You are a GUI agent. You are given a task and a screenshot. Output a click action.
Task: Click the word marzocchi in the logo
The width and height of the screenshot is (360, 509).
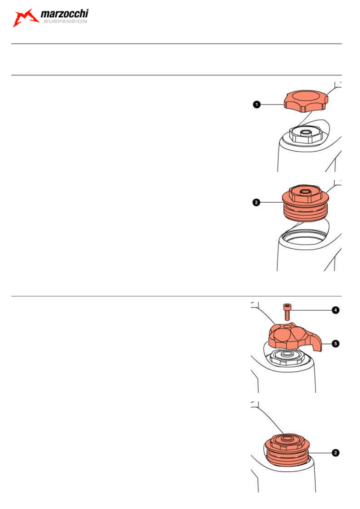point(65,14)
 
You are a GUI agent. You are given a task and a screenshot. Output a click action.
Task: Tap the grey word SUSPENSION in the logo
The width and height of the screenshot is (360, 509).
point(65,21)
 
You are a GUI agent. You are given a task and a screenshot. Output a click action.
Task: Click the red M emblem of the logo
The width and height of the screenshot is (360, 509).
point(25,18)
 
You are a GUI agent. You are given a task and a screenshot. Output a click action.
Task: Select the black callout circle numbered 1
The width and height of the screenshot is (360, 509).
point(256,104)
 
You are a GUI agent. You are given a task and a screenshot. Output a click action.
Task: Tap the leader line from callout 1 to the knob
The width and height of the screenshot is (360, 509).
point(272,104)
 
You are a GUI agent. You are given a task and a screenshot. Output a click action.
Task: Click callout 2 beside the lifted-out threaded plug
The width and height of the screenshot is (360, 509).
point(256,202)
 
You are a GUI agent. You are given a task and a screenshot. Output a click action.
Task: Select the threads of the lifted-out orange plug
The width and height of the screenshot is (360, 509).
point(306,213)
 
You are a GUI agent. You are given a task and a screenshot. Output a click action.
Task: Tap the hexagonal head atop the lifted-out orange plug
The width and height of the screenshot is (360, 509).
point(305,194)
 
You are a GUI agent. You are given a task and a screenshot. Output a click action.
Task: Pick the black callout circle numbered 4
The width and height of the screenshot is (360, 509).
point(335,310)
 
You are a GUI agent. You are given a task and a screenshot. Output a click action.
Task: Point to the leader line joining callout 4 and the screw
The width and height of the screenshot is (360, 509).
point(311,310)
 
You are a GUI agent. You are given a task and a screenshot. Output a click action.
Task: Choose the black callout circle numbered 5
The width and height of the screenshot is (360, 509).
point(335,344)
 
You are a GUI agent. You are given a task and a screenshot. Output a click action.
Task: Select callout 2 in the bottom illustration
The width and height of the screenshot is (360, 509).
point(335,453)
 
